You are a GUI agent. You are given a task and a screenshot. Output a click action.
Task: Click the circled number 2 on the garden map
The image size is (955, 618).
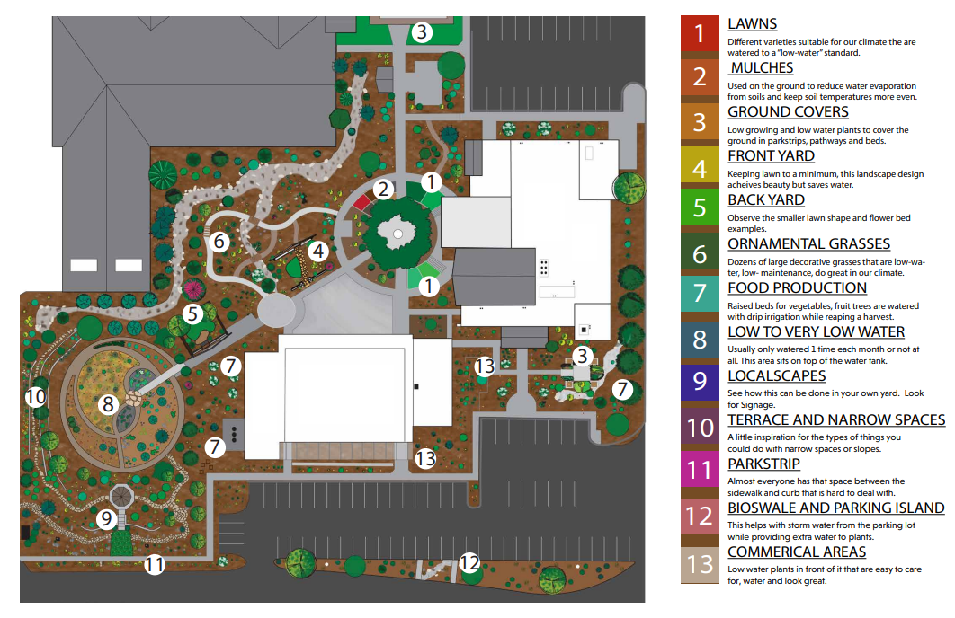[x=384, y=189]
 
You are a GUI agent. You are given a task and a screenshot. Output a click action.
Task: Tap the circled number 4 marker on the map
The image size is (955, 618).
[x=317, y=251]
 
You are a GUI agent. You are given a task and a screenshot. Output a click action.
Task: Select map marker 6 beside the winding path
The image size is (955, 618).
[x=221, y=241]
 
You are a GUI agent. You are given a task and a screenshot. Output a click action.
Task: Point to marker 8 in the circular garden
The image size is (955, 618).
[x=109, y=404]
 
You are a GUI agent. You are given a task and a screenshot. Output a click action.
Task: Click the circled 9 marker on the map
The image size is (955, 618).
[x=106, y=519]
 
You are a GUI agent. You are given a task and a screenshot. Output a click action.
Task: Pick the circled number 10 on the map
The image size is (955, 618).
[x=35, y=396]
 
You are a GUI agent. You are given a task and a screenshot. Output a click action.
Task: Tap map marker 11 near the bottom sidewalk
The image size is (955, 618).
[x=155, y=565]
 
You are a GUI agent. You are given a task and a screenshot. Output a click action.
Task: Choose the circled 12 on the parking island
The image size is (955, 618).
[x=469, y=563]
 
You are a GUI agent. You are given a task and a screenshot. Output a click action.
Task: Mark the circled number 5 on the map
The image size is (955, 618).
[x=192, y=314]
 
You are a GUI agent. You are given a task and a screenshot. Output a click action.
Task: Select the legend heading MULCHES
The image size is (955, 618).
[x=762, y=68]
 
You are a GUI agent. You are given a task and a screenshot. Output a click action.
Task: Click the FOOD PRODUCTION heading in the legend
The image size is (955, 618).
[x=797, y=288]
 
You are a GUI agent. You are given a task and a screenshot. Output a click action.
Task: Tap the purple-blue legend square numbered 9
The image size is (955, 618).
[x=700, y=384]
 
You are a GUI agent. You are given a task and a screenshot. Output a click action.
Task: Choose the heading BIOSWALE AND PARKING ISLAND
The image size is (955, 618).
[x=835, y=508]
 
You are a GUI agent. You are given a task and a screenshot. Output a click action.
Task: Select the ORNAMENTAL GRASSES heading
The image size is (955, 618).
[x=808, y=244]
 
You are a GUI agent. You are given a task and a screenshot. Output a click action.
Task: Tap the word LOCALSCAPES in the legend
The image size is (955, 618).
[x=776, y=376]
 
